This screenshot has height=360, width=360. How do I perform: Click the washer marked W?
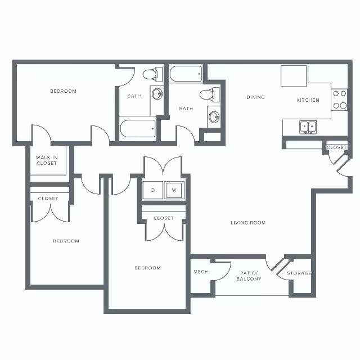pos(174,190)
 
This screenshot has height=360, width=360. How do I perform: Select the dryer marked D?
pos(153,190)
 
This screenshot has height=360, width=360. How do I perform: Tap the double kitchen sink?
pos(308,127)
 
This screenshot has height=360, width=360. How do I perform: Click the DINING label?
pos(255,97)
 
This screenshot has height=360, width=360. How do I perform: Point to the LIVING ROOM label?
pos(248,223)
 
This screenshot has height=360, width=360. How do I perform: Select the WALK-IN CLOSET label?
pos(47,160)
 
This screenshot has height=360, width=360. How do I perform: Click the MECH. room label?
pos(201,272)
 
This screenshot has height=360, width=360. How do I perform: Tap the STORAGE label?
pos(299,273)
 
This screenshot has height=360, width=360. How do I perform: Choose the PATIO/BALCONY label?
pos(249,276)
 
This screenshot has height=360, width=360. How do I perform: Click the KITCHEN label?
pos(308,100)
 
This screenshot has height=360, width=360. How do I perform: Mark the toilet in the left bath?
pos(152,74)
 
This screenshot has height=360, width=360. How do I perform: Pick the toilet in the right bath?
pos(210,94)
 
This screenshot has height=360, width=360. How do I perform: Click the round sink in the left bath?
pos(157,94)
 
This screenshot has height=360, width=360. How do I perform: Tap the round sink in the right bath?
pos(214,117)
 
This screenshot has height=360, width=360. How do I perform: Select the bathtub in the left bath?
pos(137,129)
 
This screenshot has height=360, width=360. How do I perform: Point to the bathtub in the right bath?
pos(186,74)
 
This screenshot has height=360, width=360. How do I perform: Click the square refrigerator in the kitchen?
pos(294,76)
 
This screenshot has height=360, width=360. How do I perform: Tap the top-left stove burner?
pos(336,93)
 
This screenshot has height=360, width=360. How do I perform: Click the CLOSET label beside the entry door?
pos(336,147)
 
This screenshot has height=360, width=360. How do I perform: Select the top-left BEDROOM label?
pos(63,91)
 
